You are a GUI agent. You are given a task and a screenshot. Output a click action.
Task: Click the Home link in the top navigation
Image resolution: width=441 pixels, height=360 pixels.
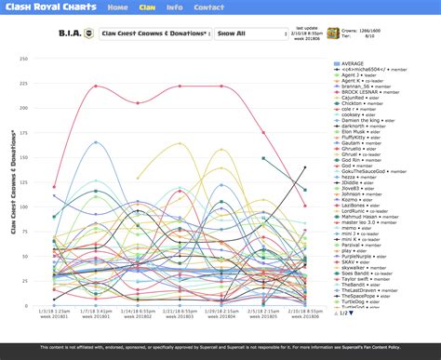pyautogui.click(x=117, y=7)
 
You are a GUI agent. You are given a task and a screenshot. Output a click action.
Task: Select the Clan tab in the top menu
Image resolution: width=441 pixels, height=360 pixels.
pyautogui.click(x=147, y=7)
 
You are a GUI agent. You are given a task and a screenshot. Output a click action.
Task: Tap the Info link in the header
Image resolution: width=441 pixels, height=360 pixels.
pyautogui.click(x=174, y=7)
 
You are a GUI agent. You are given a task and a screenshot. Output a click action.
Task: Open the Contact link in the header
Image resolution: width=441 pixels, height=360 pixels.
pyautogui.click(x=209, y=7)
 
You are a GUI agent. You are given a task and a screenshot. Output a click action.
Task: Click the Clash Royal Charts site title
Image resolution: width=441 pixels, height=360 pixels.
pyautogui.click(x=49, y=7)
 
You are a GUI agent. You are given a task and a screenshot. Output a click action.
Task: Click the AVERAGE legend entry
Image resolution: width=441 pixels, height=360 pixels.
pyautogui.click(x=353, y=63)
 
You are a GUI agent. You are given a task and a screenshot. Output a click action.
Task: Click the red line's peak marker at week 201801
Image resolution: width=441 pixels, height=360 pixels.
pyautogui.click(x=96, y=87)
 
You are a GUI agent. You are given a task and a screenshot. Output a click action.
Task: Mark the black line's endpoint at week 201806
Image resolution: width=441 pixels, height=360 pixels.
pyautogui.click(x=305, y=167)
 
